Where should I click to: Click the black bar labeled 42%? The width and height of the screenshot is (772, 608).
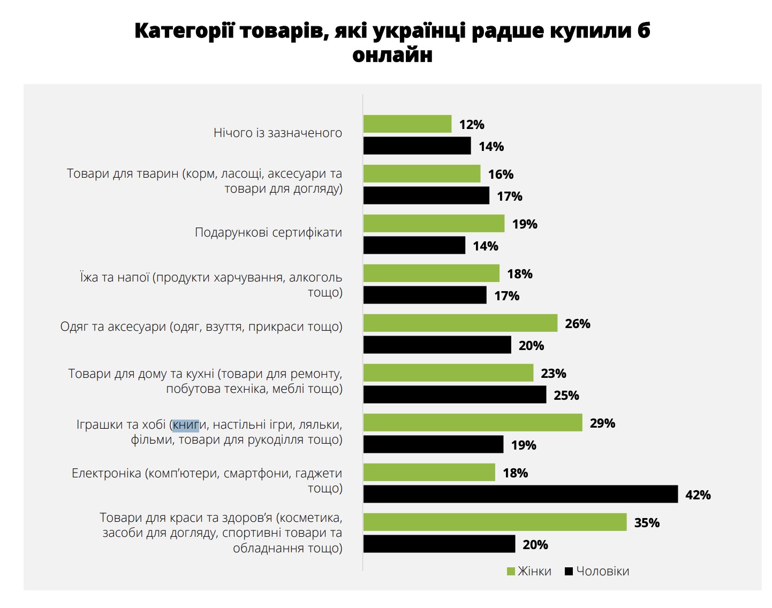pyautogui.click(x=520, y=494)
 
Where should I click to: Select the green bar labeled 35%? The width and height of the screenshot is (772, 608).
pyautogui.click(x=495, y=522)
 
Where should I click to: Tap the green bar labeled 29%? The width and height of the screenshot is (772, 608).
pyautogui.click(x=473, y=422)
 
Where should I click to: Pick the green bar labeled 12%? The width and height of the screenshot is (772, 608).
pyautogui.click(x=407, y=124)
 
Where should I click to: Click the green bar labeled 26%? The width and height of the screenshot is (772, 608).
pyautogui.click(x=460, y=323)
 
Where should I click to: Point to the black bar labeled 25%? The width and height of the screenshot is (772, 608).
pyautogui.click(x=455, y=394)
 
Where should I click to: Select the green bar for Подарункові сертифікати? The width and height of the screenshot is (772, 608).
pyautogui.click(x=434, y=223)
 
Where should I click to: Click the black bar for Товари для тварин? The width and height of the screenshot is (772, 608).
pyautogui.click(x=426, y=195)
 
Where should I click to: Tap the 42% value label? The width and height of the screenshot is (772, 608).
pyautogui.click(x=698, y=495)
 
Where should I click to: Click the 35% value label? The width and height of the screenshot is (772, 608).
pyautogui.click(x=647, y=523)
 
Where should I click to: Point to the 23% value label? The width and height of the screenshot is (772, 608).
pyautogui.click(x=554, y=374)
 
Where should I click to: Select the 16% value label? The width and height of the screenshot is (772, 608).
pyautogui.click(x=501, y=174)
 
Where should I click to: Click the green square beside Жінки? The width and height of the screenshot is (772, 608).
pyautogui.click(x=511, y=572)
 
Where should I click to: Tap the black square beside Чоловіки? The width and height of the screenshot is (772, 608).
pyautogui.click(x=569, y=572)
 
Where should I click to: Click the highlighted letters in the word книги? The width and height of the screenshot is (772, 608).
pyautogui.click(x=186, y=425)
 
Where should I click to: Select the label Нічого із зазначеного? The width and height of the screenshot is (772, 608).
pyautogui.click(x=277, y=133)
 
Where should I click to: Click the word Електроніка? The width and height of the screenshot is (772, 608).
pyautogui.click(x=106, y=473)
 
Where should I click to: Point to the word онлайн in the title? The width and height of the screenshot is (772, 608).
pyautogui.click(x=392, y=55)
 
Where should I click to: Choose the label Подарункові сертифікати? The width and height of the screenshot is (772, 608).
pyautogui.click(x=268, y=232)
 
